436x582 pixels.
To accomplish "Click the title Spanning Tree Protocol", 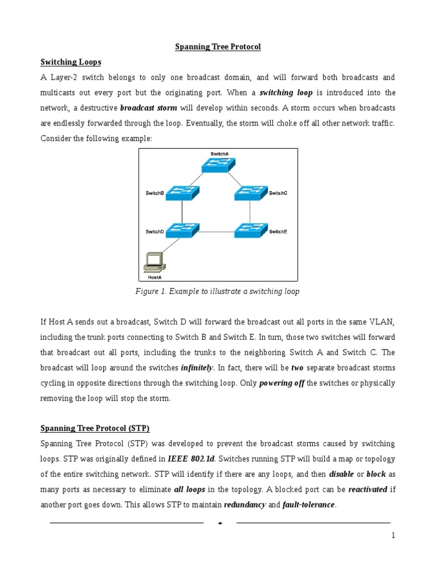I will pos(217,47).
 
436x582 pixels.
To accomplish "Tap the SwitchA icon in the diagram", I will pos(217,164).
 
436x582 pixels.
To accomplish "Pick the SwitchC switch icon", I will pos(250,193).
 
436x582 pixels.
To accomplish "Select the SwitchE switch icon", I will pos(250,231).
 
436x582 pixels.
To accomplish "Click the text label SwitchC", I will pos(278,193).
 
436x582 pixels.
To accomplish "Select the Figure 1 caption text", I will pos(217,292).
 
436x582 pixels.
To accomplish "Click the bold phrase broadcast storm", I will pos(148,107).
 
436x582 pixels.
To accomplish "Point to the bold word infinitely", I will pos(197,368).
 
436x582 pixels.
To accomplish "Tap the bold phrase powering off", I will pos(282,383).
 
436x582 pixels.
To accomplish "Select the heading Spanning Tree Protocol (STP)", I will pos(94,428).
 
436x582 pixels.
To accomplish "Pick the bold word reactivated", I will pos(367,489).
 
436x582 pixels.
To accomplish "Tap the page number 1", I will pos(393,535).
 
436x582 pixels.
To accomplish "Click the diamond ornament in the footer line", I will pos(220,523).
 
